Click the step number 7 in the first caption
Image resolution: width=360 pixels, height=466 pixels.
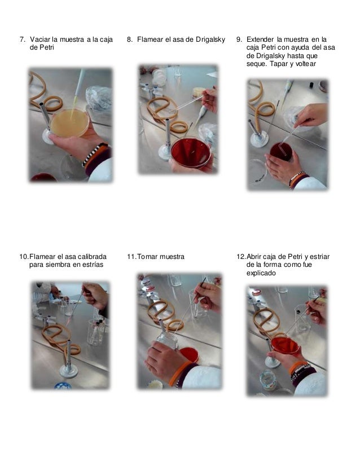coord(23,39)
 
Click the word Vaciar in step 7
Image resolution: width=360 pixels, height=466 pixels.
coord(40,39)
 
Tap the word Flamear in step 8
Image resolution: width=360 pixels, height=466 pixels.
coord(151,39)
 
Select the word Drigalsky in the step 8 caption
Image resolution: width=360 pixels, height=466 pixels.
coord(210,39)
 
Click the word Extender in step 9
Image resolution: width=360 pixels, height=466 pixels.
coord(260,39)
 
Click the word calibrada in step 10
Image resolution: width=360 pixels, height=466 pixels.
coord(92,257)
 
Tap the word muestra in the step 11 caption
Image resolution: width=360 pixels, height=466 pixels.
coord(172,257)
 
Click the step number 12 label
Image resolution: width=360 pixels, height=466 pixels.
coord(241,257)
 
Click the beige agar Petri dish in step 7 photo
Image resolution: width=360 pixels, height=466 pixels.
coord(69,123)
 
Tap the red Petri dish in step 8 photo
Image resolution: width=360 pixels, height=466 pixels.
coord(191,152)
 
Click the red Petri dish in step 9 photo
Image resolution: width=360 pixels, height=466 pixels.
coord(281,152)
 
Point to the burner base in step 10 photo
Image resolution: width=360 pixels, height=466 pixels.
coord(68,371)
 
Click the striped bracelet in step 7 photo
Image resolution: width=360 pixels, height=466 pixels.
coord(95,153)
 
